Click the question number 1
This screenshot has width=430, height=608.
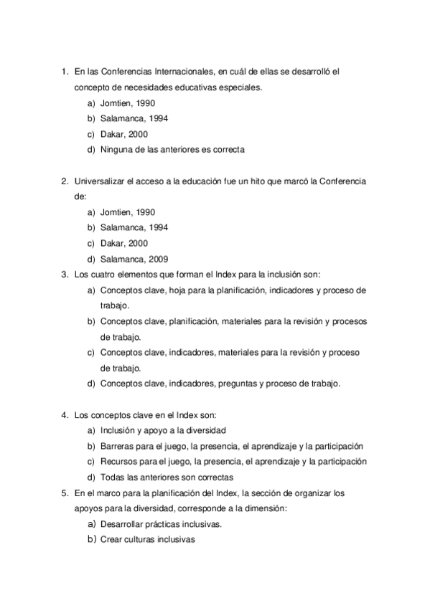coord(64,72)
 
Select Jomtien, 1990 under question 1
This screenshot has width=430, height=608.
coord(128,103)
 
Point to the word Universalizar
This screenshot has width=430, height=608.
coord(98,181)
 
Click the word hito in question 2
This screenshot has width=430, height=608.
coord(248,181)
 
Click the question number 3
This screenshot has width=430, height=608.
coord(64,274)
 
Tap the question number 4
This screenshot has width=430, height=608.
coord(64,414)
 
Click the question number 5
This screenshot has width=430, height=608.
coord(64,493)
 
